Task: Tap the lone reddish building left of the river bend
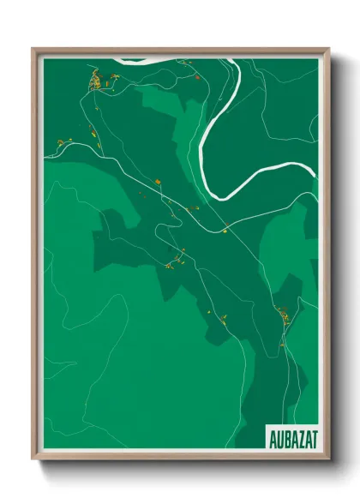click(197, 78)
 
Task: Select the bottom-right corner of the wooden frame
click(328, 459)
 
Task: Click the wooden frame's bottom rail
click(180, 459)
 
